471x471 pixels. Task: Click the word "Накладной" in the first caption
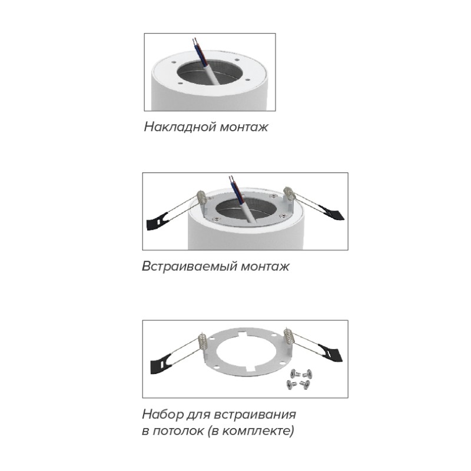tap(180, 127)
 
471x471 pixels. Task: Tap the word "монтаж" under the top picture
tap(244, 127)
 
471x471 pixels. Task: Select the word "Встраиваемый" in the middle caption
tap(190, 267)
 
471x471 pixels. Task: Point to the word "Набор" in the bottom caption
tap(162, 414)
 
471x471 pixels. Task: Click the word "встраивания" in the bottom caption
tap(256, 415)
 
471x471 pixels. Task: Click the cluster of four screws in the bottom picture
tap(300, 380)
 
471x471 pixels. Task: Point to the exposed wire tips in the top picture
tap(195, 41)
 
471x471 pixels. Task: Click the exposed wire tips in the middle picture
tap(231, 179)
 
